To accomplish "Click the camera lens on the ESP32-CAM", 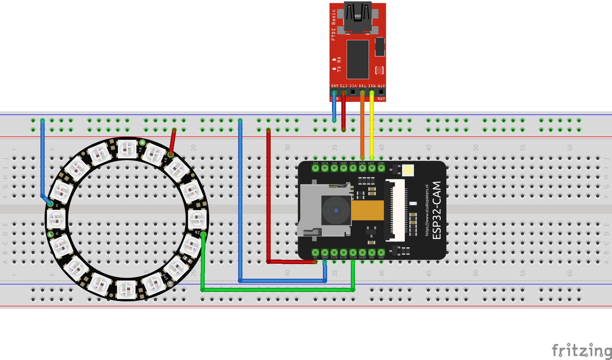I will (336, 210).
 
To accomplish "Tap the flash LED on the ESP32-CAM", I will (408, 170).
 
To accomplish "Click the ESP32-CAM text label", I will (437, 210).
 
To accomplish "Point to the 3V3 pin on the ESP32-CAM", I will (315, 168).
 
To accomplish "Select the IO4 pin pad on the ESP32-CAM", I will (381, 252).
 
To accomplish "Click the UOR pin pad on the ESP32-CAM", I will (362, 168).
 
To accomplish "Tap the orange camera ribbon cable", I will (368, 210).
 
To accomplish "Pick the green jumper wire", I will (279, 290).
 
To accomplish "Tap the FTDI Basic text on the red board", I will (334, 24).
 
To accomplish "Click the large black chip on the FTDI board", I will (357, 59).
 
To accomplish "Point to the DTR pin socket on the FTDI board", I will (381, 92).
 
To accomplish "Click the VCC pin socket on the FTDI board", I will (353, 92).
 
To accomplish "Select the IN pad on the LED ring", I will (203, 234).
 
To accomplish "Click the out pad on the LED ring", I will (170, 284).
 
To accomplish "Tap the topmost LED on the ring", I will (127, 149).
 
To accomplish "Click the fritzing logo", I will (581, 350).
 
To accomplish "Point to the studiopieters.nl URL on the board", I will (427, 210).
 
